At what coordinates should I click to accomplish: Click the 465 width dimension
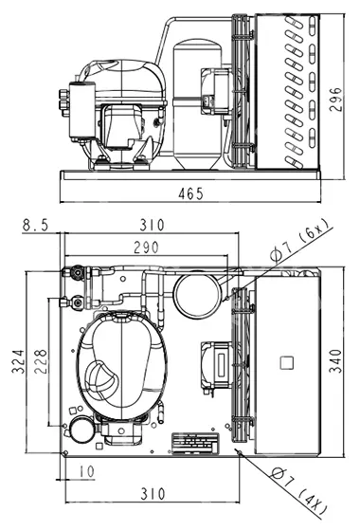[x=190, y=193]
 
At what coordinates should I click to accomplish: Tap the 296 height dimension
[x=335, y=100]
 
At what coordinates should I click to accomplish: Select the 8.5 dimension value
[x=36, y=226]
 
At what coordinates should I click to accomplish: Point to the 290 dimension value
[x=146, y=247]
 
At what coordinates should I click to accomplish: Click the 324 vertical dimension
[x=18, y=361]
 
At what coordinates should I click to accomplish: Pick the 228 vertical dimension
[x=41, y=361]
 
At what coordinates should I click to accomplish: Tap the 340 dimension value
[x=335, y=361]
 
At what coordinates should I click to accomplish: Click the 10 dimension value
[x=86, y=471]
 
